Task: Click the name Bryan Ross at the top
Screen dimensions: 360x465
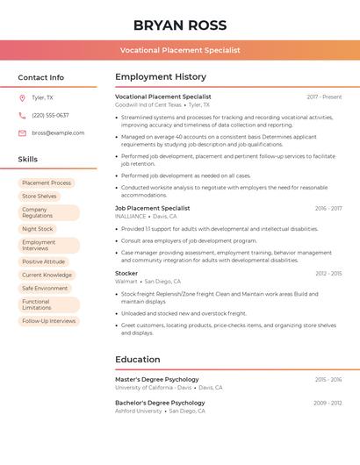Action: [x=180, y=25]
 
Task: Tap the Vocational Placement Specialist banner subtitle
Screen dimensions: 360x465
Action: [x=180, y=50]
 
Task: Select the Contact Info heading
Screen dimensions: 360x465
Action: [x=40, y=77]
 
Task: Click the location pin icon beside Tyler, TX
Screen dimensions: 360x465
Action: [x=22, y=98]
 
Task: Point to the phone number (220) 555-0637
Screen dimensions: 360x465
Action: [x=50, y=115]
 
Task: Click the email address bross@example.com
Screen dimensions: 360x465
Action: [x=58, y=132]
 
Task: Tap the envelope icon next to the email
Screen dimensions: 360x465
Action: [x=22, y=132]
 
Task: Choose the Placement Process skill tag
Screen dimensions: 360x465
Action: [x=47, y=183]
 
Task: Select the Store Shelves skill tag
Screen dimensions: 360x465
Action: [x=40, y=197]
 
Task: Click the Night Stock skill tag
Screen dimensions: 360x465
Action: [x=38, y=229]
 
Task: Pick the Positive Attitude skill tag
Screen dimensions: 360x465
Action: [x=44, y=261]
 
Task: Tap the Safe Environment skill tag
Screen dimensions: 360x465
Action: [x=45, y=288]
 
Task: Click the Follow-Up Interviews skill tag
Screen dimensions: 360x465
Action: [x=49, y=321]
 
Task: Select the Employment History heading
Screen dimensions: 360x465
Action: [x=161, y=77]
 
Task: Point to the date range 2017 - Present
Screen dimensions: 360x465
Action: [x=324, y=97]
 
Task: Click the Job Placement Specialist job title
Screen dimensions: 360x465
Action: [x=152, y=208]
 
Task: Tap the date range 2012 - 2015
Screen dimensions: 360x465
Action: [x=328, y=274]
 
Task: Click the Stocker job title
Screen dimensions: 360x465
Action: [x=126, y=273]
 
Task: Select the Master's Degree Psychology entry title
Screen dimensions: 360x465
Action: [x=157, y=379]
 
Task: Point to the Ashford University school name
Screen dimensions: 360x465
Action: [x=139, y=411]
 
